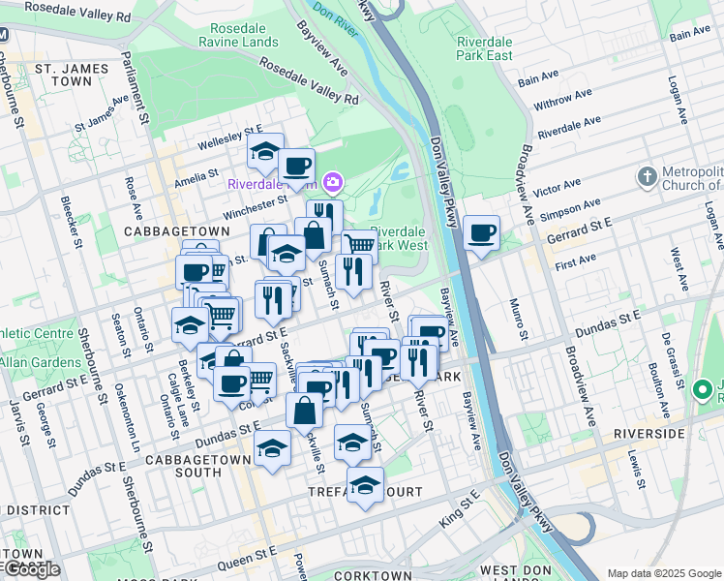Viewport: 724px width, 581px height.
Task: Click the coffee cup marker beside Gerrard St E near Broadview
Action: click(x=481, y=233)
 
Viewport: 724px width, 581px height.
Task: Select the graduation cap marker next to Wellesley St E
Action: click(x=264, y=151)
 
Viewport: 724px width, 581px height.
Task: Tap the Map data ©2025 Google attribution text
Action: click(x=663, y=573)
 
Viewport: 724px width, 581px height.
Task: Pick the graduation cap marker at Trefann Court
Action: click(x=364, y=485)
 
